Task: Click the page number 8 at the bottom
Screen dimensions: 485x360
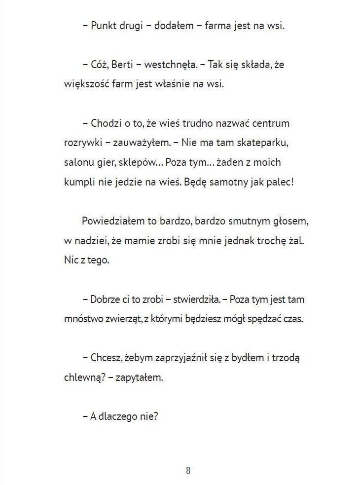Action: [x=188, y=470]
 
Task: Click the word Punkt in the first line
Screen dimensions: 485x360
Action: [x=103, y=26]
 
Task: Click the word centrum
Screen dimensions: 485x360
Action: [x=270, y=123]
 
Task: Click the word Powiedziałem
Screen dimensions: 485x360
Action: [x=111, y=221]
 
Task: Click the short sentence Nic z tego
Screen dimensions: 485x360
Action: [x=87, y=260]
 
